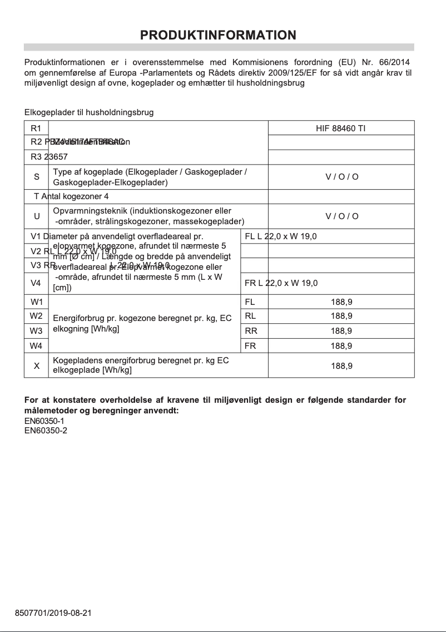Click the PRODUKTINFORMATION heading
pyautogui.click(x=218, y=35)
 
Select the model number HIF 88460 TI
pyautogui.click(x=341, y=128)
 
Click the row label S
pyautogui.click(x=37, y=177)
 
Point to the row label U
pyautogui.click(x=37, y=216)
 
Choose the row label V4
pyautogui.click(x=36, y=283)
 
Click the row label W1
pyautogui.click(x=36, y=302)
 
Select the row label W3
pyautogui.click(x=36, y=331)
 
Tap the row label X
pyautogui.click(x=37, y=366)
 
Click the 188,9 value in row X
pyautogui.click(x=341, y=367)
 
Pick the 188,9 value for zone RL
pyautogui.click(x=341, y=316)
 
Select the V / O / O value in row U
pyautogui.click(x=341, y=216)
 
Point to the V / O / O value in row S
pyautogui.click(x=341, y=177)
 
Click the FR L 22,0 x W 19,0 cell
pyautogui.click(x=281, y=283)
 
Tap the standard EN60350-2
pyautogui.click(x=46, y=431)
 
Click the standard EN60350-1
pyautogui.click(x=46, y=421)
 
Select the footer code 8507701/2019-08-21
pyautogui.click(x=53, y=613)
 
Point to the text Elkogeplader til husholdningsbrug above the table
pyautogui.click(x=89, y=112)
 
